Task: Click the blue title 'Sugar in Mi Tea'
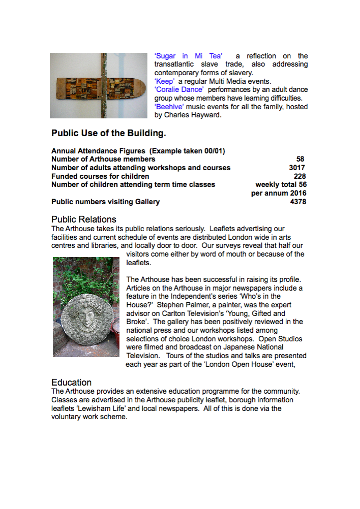[188, 56]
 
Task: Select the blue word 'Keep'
[164, 81]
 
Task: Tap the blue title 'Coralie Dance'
[179, 90]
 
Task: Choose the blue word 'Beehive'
[169, 107]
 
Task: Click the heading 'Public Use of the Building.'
[108, 134]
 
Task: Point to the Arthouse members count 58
[300, 159]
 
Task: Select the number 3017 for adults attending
[297, 168]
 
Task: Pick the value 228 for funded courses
[300, 176]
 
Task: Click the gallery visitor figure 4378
[297, 202]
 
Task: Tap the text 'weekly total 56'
[281, 184]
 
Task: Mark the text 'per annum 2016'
[279, 193]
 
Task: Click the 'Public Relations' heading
[84, 219]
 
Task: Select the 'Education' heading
[72, 383]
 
